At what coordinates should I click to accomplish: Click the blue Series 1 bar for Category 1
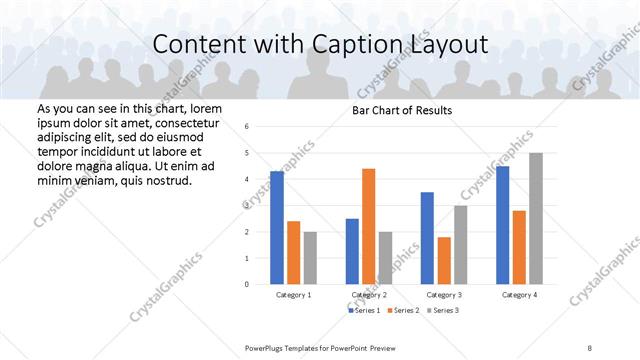pos(277,228)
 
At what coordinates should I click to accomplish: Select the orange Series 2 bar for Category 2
pos(368,226)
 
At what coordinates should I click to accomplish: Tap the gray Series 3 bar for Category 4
pos(536,218)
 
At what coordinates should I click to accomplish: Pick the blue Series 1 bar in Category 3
pos(427,238)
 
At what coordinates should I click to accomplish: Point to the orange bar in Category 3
pos(444,260)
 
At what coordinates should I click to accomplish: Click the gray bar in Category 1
pos(310,258)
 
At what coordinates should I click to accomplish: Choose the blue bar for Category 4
pos(503,225)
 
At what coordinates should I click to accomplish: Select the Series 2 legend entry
pos(405,311)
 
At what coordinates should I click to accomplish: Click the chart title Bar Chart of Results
pos(401,110)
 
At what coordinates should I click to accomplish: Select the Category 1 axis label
pos(293,295)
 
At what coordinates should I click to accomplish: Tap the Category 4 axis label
pos(518,295)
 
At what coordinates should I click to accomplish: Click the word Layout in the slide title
pos(450,45)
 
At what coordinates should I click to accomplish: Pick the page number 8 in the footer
pos(590,346)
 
